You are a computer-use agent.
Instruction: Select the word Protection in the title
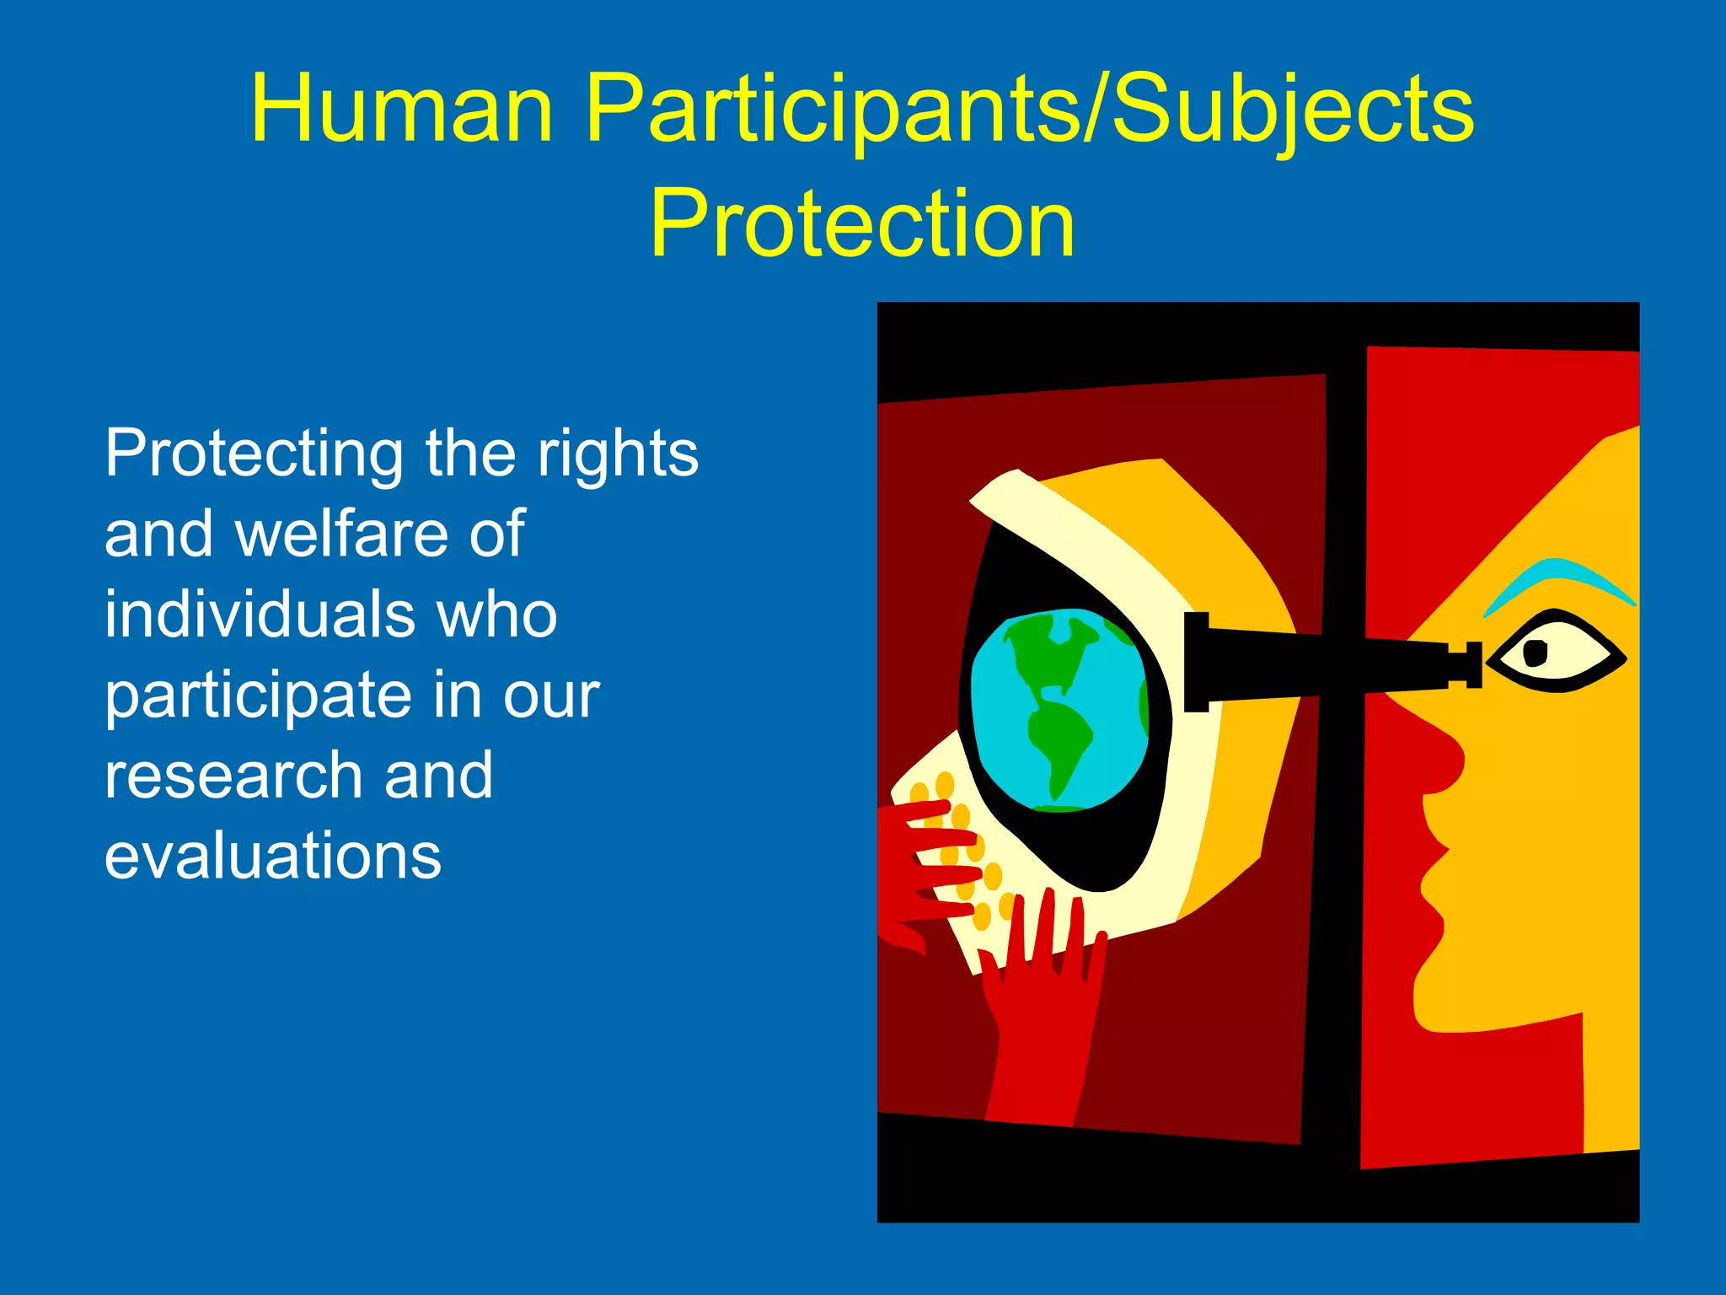coord(862,223)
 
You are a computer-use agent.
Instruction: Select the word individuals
coord(257,615)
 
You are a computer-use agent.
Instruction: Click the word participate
coord(257,697)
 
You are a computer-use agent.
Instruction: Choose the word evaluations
coord(272,856)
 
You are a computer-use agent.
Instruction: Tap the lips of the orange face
coord(1433,885)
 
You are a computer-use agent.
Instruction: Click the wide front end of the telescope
coord(1197,663)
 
